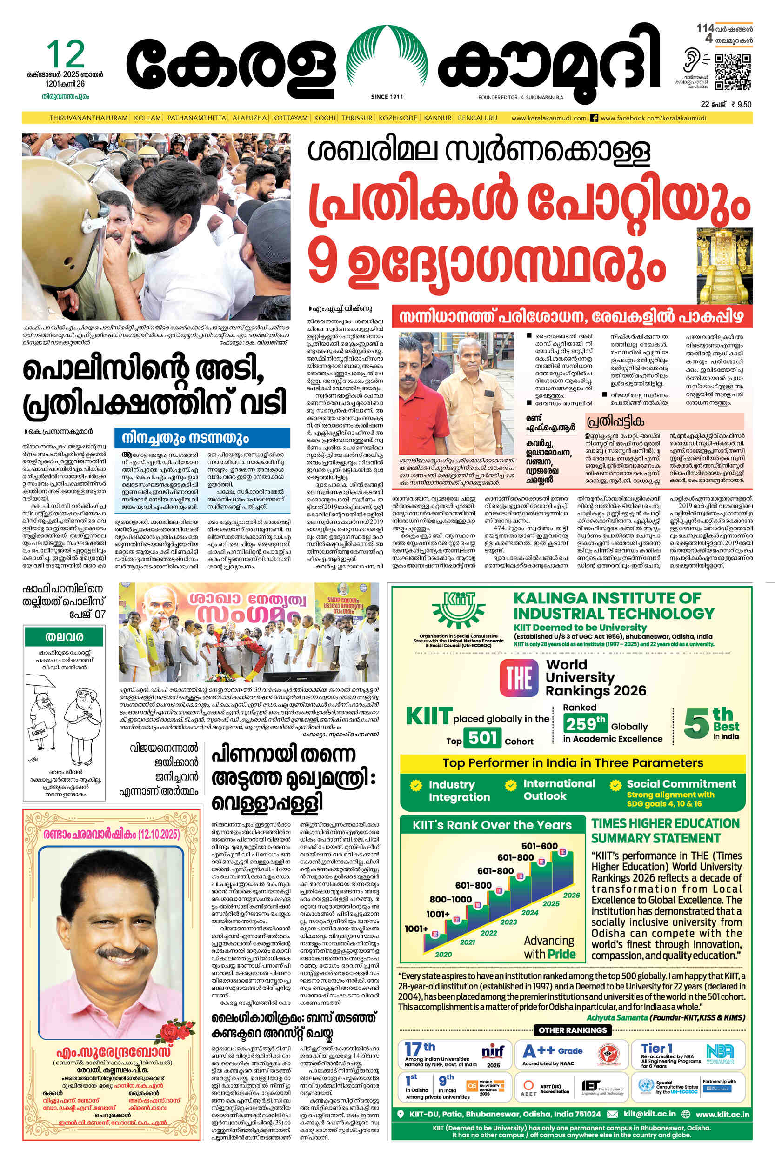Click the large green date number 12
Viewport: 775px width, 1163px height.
tap(65, 54)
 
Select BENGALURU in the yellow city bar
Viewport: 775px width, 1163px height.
tap(477, 118)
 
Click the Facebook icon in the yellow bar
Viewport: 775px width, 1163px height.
tap(594, 118)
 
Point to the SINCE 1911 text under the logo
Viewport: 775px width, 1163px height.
tap(387, 97)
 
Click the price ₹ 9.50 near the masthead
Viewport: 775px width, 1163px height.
tap(741, 104)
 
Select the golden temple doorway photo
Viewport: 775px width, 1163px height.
tap(724, 266)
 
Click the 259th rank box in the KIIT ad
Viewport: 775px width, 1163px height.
tap(585, 725)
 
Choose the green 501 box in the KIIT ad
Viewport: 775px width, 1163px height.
tap(482, 738)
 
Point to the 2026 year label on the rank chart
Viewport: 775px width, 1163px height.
tap(571, 895)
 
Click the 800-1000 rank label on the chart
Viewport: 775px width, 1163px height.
tap(450, 899)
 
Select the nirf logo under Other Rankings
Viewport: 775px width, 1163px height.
tap(493, 1051)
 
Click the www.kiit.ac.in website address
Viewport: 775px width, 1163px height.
tap(722, 1114)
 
